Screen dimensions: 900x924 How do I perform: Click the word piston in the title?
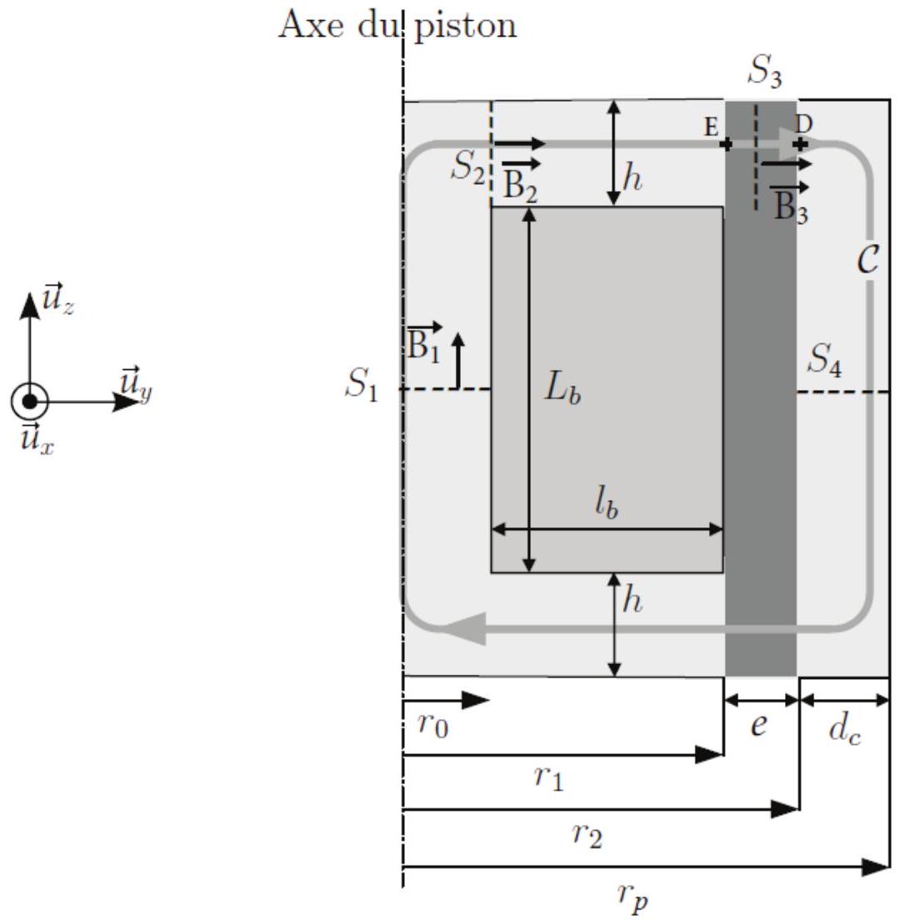point(466,27)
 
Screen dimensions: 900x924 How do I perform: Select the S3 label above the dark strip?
point(765,72)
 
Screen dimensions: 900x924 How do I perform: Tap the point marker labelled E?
point(727,143)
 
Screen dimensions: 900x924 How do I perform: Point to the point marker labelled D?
point(800,143)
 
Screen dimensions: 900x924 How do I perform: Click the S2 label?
point(468,167)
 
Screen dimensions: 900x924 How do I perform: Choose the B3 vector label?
point(790,202)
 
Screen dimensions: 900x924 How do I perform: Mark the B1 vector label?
point(424,342)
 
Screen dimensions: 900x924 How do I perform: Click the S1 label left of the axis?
point(362,386)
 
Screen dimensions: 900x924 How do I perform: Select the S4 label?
point(825,359)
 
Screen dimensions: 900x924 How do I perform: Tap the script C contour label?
point(867,258)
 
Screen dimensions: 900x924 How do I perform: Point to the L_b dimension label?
point(562,389)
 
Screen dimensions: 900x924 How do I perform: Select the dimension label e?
point(759,724)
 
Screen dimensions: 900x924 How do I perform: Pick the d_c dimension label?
point(845,732)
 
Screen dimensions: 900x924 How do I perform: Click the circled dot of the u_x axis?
point(29,402)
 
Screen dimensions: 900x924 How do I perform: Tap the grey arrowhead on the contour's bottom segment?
point(465,628)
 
